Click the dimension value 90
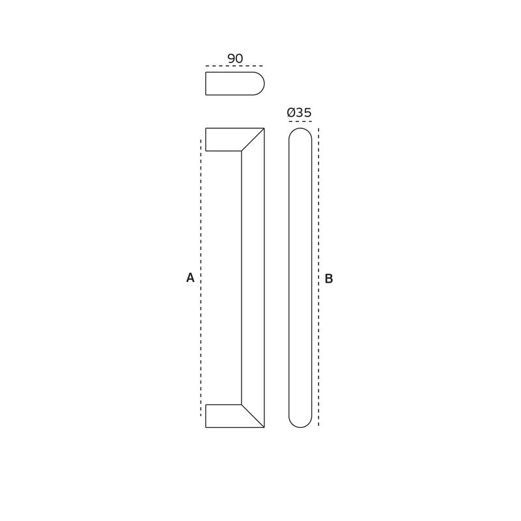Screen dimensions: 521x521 [235, 59]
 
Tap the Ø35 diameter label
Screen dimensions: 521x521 [299, 113]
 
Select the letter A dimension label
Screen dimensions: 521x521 [190, 277]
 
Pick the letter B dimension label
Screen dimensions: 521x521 [329, 279]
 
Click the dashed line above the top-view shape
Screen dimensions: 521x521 [234, 66]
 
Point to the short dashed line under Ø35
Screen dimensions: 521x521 [300, 122]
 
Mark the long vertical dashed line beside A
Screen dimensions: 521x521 [201, 278]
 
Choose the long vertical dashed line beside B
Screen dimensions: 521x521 [318, 277]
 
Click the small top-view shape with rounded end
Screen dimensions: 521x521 [235, 84]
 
